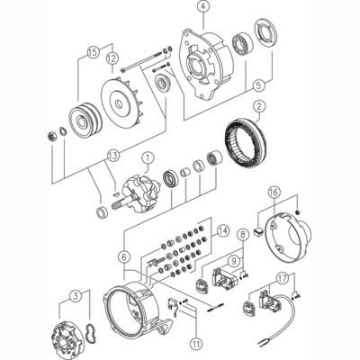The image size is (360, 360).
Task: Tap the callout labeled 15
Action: pos(90,51)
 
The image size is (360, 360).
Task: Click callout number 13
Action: pos(112,156)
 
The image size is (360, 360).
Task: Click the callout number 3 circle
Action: pos(76,295)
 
